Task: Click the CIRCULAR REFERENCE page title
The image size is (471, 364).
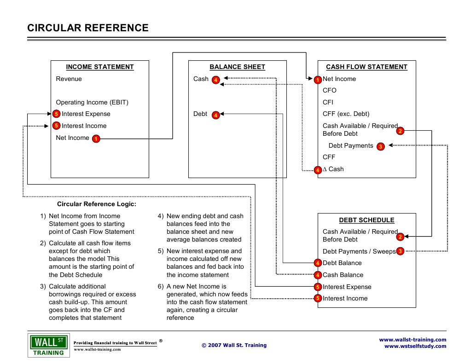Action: (88, 28)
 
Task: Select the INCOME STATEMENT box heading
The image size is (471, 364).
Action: (100, 67)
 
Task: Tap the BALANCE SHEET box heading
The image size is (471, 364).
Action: (237, 67)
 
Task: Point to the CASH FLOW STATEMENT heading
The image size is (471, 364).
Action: (366, 67)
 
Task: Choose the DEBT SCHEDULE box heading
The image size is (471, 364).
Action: (366, 220)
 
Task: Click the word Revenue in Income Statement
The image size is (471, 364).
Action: (69, 79)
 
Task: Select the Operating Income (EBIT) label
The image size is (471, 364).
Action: (92, 102)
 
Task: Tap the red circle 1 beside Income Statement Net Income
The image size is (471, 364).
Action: (96, 139)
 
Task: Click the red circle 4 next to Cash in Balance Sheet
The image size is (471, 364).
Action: (216, 80)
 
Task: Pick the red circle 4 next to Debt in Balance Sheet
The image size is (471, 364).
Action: (216, 115)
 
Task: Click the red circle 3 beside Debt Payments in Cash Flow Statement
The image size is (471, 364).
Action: (380, 147)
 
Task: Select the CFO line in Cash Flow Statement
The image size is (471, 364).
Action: (330, 91)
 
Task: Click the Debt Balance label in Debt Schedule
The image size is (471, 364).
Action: (342, 263)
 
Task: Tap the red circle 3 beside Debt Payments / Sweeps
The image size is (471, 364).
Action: (400, 251)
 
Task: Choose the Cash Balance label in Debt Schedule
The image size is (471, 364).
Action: (343, 275)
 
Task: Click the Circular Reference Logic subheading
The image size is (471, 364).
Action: (97, 204)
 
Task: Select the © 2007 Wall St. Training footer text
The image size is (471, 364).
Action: (234, 345)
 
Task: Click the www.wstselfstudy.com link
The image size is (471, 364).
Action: (415, 347)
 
